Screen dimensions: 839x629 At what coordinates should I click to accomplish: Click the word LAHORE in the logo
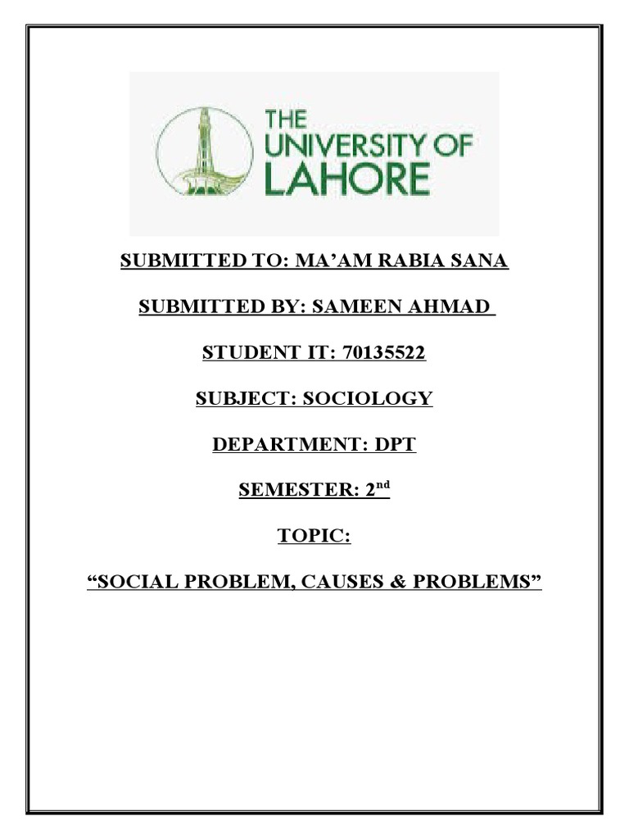click(x=347, y=178)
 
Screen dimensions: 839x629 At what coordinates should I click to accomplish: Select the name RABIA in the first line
click(x=433, y=262)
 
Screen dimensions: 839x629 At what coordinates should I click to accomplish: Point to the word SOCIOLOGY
click(x=368, y=400)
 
